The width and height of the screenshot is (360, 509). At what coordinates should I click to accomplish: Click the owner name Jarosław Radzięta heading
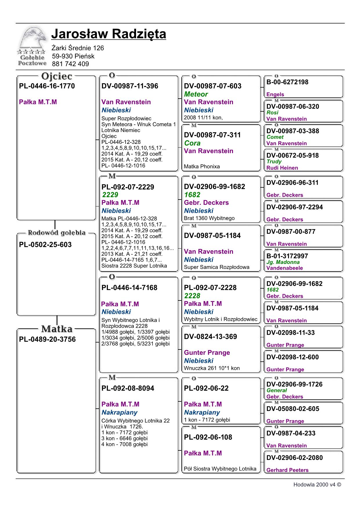coord(108,34)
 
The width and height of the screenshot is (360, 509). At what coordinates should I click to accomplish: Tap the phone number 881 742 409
coord(70,64)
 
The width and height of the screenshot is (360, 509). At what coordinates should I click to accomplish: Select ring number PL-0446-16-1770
coord(47,86)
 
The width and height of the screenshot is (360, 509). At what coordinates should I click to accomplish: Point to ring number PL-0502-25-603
coord(45,245)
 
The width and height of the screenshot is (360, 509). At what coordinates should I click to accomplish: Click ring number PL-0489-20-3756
coord(47,339)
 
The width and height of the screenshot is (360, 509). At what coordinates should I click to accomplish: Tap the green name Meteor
coord(196,94)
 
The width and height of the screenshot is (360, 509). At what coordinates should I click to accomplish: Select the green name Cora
coord(192,143)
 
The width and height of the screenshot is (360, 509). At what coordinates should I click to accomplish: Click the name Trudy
coord(274,162)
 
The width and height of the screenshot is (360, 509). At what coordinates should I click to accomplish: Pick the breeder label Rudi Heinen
coord(282,168)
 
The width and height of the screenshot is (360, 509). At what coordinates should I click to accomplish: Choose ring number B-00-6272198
coord(287,82)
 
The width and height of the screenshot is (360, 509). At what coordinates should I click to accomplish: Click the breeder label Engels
coord(275,94)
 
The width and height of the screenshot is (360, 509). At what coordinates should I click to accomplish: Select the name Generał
coord(276,390)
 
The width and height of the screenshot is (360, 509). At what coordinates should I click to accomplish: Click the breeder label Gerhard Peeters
coord(287,470)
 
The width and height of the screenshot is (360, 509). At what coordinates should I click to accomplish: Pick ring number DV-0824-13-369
coord(210,337)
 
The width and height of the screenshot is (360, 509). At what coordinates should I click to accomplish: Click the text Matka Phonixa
coord(202,166)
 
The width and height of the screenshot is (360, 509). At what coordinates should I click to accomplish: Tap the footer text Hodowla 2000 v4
coord(317,485)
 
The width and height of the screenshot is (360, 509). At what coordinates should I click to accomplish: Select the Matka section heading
coord(57,329)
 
